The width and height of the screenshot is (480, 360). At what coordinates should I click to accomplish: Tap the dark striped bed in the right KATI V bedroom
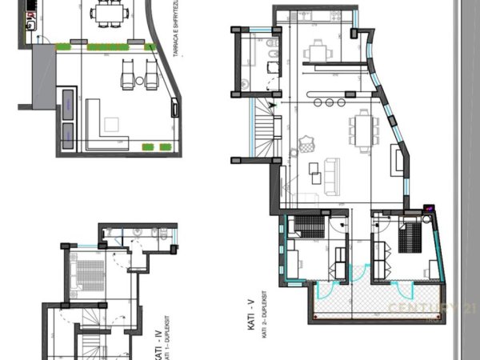pos(410,235)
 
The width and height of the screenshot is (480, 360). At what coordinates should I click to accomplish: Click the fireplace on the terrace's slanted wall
pos(174,108)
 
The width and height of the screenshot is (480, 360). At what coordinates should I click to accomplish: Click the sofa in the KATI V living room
pos(328,173)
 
